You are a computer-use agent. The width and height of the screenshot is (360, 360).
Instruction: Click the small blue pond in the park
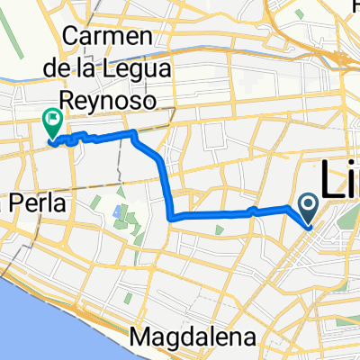coord(118,211)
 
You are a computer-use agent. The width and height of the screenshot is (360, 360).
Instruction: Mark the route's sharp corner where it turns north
coord(170,217)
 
